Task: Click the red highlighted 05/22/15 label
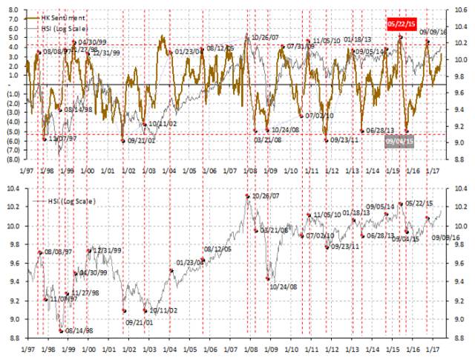coord(401,24)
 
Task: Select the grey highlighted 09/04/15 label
coord(399,140)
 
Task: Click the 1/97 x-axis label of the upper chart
coord(27,171)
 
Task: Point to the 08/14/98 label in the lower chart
coord(79,330)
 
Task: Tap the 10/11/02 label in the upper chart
coord(162,123)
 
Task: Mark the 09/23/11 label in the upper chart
coord(344,139)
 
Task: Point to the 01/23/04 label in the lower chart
coord(190,262)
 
